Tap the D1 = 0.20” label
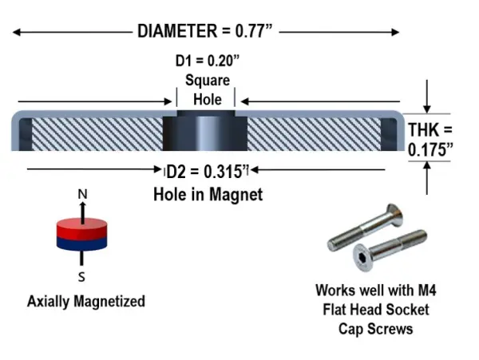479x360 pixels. pyautogui.click(x=204, y=61)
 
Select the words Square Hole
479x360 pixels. pyautogui.click(x=207, y=89)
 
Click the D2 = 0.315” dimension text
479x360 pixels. pyautogui.click(x=206, y=171)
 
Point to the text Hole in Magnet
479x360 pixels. pyautogui.click(x=208, y=193)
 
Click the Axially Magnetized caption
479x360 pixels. pyautogui.click(x=85, y=302)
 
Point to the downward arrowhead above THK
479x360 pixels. pyautogui.click(x=428, y=108)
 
